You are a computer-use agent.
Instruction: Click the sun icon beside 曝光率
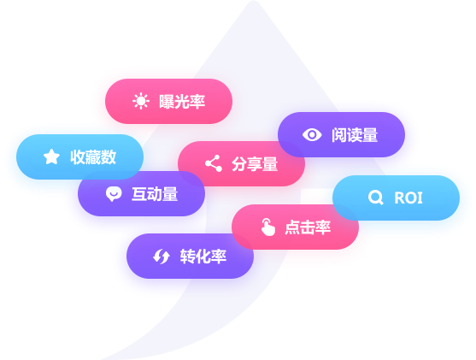point(141,101)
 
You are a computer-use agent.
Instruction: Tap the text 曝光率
point(182,102)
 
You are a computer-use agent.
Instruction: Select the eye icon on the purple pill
point(312,134)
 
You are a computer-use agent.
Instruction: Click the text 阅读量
point(355,135)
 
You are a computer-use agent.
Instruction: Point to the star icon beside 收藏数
point(51,156)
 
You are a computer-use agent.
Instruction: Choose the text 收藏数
point(93,157)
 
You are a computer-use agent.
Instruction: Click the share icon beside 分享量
point(214,163)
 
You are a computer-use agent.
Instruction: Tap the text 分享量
point(255,164)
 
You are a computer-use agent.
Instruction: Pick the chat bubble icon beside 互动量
point(114,194)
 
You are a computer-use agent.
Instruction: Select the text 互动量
point(155,194)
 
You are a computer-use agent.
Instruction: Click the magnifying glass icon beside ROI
point(376,198)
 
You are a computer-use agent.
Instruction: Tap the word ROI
point(408,198)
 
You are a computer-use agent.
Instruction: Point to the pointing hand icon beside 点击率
point(267,227)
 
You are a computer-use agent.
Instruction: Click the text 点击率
point(308,227)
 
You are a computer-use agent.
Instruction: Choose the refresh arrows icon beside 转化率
point(162,257)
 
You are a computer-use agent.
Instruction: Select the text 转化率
point(203,257)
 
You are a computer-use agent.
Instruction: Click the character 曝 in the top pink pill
point(167,102)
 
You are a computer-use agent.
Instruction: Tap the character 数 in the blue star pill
point(109,157)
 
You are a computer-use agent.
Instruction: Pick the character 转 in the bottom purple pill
point(188,257)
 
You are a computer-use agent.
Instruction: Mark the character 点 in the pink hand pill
point(292,227)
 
